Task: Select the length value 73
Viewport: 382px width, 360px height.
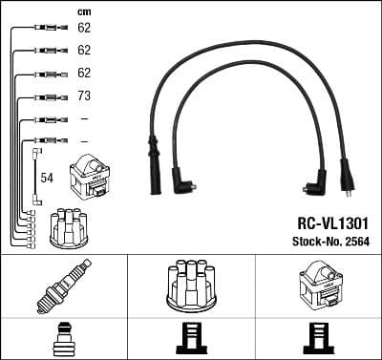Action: [x=84, y=96]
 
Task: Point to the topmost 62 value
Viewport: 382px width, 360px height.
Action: [x=84, y=29]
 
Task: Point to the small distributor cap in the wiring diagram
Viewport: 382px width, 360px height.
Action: [x=69, y=227]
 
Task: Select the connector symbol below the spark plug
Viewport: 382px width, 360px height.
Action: [x=63, y=339]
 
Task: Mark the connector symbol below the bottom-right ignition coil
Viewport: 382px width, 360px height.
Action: [x=318, y=339]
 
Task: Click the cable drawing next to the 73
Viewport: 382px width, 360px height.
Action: [x=47, y=96]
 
